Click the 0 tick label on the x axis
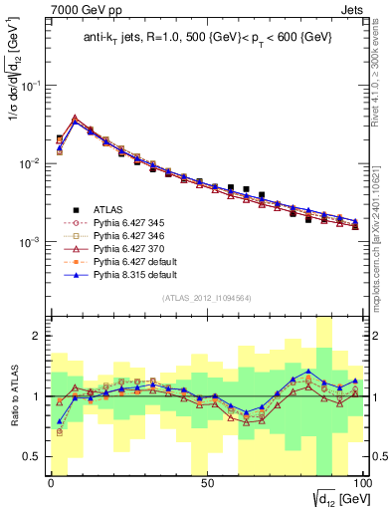click(x=51, y=483)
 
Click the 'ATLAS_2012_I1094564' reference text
click(x=206, y=297)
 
